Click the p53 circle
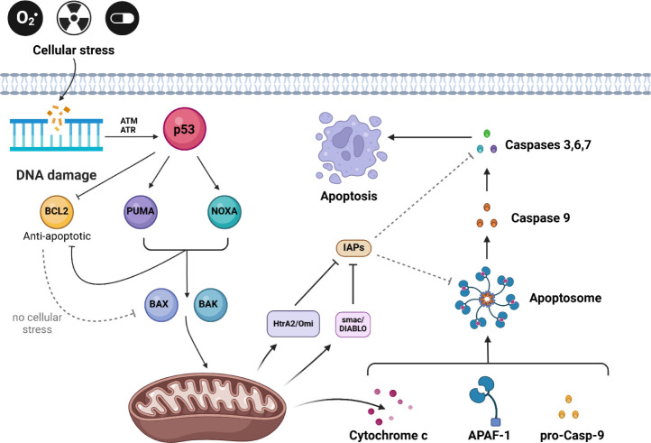tap(184, 129)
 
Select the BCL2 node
tap(57, 211)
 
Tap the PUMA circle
tap(141, 211)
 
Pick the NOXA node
tap(225, 211)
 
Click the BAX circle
tap(161, 305)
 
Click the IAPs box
tap(353, 248)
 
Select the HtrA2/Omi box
tap(293, 323)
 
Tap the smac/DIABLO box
tap(353, 324)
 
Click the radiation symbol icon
tap(74, 18)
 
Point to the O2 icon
tap(25, 18)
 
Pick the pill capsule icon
tap(122, 18)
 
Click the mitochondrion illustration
tap(207, 405)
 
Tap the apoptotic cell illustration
tap(350, 148)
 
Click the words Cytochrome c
tap(389, 435)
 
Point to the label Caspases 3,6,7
tap(548, 145)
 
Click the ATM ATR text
tap(129, 125)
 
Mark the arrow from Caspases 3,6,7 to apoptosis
tap(430, 137)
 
